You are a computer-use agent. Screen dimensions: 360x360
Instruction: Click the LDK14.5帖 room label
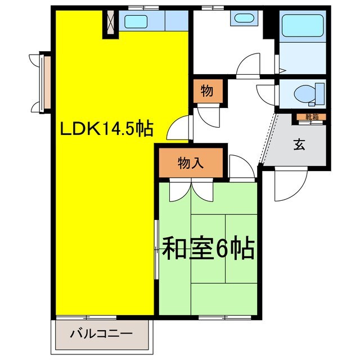click(106, 129)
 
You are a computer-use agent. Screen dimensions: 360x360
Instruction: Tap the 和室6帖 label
click(208, 247)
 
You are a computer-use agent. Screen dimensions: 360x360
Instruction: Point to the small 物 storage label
click(207, 91)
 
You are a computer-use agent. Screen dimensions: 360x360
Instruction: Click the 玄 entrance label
click(299, 144)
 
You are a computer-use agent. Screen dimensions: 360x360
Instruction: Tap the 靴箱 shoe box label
click(312, 117)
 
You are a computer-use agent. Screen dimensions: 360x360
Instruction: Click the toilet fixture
click(309, 92)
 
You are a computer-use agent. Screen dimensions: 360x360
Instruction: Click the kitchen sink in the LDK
click(136, 22)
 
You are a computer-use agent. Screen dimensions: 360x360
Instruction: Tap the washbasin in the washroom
click(244, 17)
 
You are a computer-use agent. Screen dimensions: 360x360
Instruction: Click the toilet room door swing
click(267, 92)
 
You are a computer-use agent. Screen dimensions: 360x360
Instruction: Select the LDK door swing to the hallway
click(180, 127)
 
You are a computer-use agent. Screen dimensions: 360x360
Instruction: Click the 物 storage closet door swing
click(211, 115)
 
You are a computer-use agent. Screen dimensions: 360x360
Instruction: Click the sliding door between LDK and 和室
click(156, 248)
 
